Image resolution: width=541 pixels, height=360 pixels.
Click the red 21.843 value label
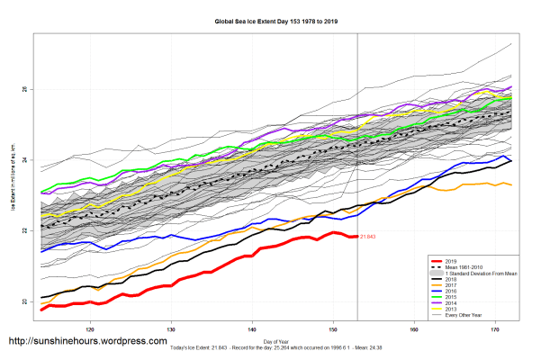[366, 237]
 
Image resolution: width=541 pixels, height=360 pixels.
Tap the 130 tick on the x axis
[171, 330]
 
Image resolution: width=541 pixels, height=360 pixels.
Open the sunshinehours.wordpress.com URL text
[87, 342]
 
